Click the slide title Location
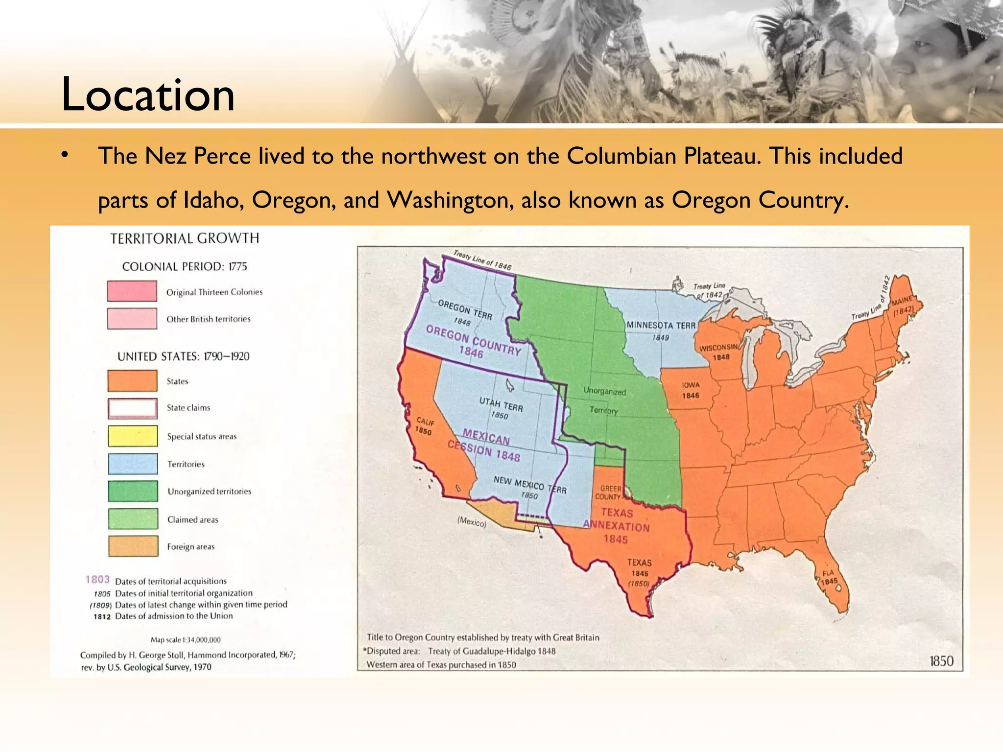pyautogui.click(x=147, y=94)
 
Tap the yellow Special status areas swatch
pyautogui.click(x=133, y=436)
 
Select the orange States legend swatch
pyautogui.click(x=132, y=381)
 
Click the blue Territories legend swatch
pyautogui.click(x=133, y=464)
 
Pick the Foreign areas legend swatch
pyautogui.click(x=133, y=546)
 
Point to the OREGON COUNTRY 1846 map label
pyautogui.click(x=473, y=341)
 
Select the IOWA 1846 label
pyautogui.click(x=691, y=390)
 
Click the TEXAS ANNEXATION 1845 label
pyautogui.click(x=617, y=526)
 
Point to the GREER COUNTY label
pyautogui.click(x=609, y=493)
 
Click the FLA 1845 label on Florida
pyautogui.click(x=829, y=577)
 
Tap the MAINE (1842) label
pyautogui.click(x=902, y=305)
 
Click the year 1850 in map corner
pyautogui.click(x=941, y=661)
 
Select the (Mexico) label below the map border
pyautogui.click(x=472, y=522)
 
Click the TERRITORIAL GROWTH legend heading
pyautogui.click(x=185, y=238)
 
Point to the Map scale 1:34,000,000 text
pyautogui.click(x=186, y=639)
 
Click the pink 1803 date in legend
pyautogui.click(x=97, y=580)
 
